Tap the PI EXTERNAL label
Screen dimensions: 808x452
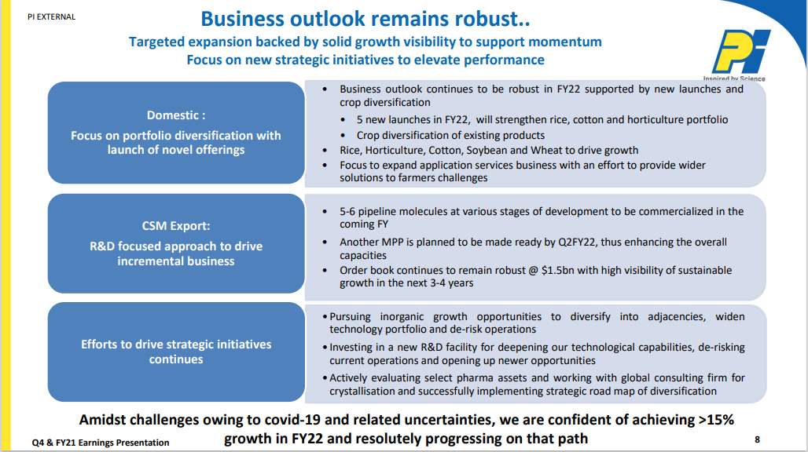(x=52, y=17)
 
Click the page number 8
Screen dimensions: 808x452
(x=757, y=439)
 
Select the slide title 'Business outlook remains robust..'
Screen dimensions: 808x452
(x=365, y=19)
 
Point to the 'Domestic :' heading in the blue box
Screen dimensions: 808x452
(x=176, y=115)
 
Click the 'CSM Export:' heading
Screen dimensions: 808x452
(x=176, y=226)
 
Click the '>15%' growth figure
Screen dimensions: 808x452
(x=716, y=420)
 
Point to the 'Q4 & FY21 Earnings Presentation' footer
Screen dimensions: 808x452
(x=101, y=443)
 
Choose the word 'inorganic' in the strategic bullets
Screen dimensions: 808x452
(x=402, y=317)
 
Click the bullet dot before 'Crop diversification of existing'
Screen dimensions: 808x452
(x=343, y=136)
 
